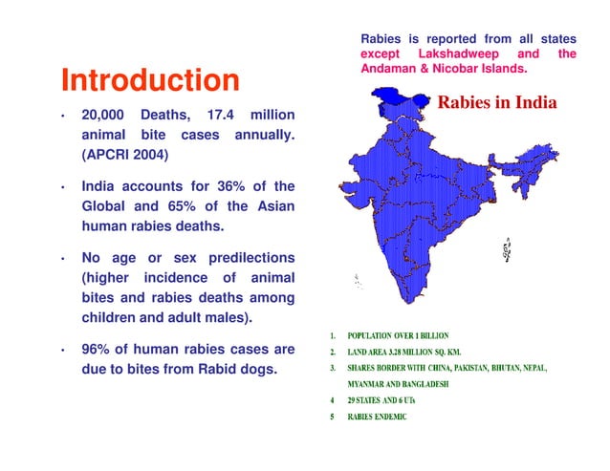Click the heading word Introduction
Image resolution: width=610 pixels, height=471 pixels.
click(149, 79)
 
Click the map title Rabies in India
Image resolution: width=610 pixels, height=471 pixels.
click(496, 102)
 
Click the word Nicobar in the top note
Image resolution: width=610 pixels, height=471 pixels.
click(466, 70)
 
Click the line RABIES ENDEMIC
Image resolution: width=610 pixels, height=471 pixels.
click(377, 417)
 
